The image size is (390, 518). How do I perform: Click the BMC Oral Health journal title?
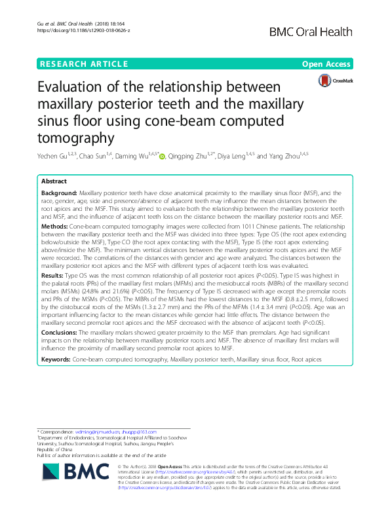317,31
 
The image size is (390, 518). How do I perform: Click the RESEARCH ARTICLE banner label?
83,64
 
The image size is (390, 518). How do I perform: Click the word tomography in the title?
77,138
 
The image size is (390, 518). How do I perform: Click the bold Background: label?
58,194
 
